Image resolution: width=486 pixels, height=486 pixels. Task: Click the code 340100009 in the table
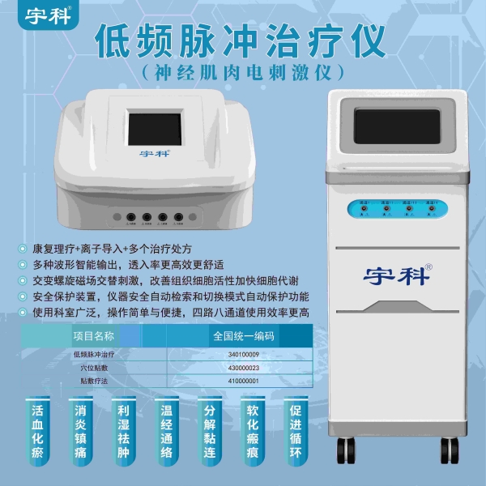pyautogui.click(x=244, y=354)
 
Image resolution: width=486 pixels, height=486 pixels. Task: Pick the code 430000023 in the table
pyautogui.click(x=244, y=367)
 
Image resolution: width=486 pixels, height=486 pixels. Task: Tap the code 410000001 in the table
pyautogui.click(x=244, y=381)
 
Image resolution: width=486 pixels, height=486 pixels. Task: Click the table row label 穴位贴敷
pyautogui.click(x=94, y=367)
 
